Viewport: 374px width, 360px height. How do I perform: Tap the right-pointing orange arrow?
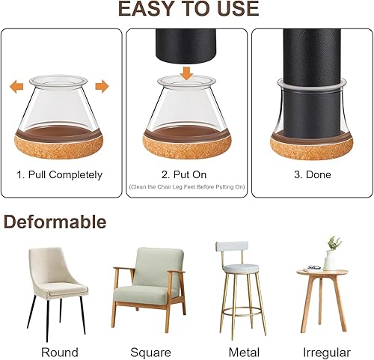102,87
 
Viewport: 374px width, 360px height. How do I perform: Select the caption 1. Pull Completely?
59,175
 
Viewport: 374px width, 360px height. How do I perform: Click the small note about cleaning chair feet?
186,186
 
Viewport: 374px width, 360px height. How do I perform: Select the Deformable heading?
55,222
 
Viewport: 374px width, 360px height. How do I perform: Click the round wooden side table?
322,296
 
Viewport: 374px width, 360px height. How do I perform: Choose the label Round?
60,351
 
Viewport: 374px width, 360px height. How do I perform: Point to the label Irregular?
326,351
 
